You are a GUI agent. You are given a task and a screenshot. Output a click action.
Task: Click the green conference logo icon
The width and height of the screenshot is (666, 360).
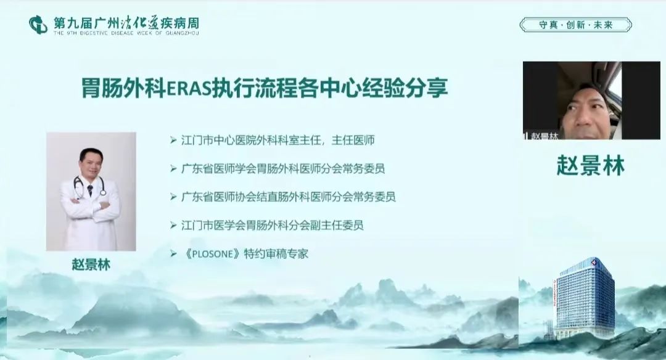38,25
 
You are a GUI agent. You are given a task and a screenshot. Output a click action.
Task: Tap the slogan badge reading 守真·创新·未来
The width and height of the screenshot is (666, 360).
575,25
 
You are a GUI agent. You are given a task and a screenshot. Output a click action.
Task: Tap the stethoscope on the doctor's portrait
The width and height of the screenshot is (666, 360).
89,187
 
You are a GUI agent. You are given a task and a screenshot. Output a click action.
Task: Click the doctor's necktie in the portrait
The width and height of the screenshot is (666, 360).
90,190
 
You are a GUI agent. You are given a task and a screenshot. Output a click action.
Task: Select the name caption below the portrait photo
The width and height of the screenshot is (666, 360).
91,264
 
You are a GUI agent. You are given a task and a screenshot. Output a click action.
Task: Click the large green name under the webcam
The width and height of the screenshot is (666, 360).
590,165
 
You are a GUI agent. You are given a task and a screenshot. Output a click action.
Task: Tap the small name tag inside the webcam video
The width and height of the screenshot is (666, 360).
541,136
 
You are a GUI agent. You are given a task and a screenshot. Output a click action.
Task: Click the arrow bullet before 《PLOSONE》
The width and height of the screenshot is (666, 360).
173,254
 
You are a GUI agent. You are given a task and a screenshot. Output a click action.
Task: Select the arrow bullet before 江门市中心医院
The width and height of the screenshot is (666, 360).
173,140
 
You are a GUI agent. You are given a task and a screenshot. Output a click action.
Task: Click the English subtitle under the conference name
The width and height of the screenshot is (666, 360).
126,33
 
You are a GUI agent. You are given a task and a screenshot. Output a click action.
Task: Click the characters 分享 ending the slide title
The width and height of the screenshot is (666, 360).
430,88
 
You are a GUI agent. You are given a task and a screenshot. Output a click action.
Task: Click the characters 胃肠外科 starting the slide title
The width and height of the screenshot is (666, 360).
123,88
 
